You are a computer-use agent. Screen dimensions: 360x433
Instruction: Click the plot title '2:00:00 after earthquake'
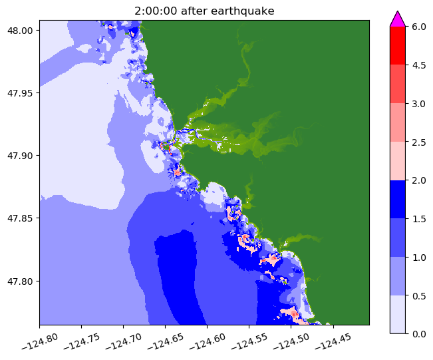204,10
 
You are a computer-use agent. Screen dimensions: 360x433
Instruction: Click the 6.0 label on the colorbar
419,27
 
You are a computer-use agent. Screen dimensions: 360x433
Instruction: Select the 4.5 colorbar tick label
419,65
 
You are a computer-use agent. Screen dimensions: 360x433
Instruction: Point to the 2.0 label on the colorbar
419,180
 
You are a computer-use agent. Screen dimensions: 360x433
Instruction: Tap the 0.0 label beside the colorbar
419,333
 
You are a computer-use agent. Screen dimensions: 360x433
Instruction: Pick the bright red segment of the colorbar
397,45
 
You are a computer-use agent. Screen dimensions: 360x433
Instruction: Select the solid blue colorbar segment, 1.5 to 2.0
397,199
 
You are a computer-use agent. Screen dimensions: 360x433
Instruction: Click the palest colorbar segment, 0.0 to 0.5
397,313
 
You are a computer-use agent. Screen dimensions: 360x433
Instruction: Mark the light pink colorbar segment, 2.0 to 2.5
397,160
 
